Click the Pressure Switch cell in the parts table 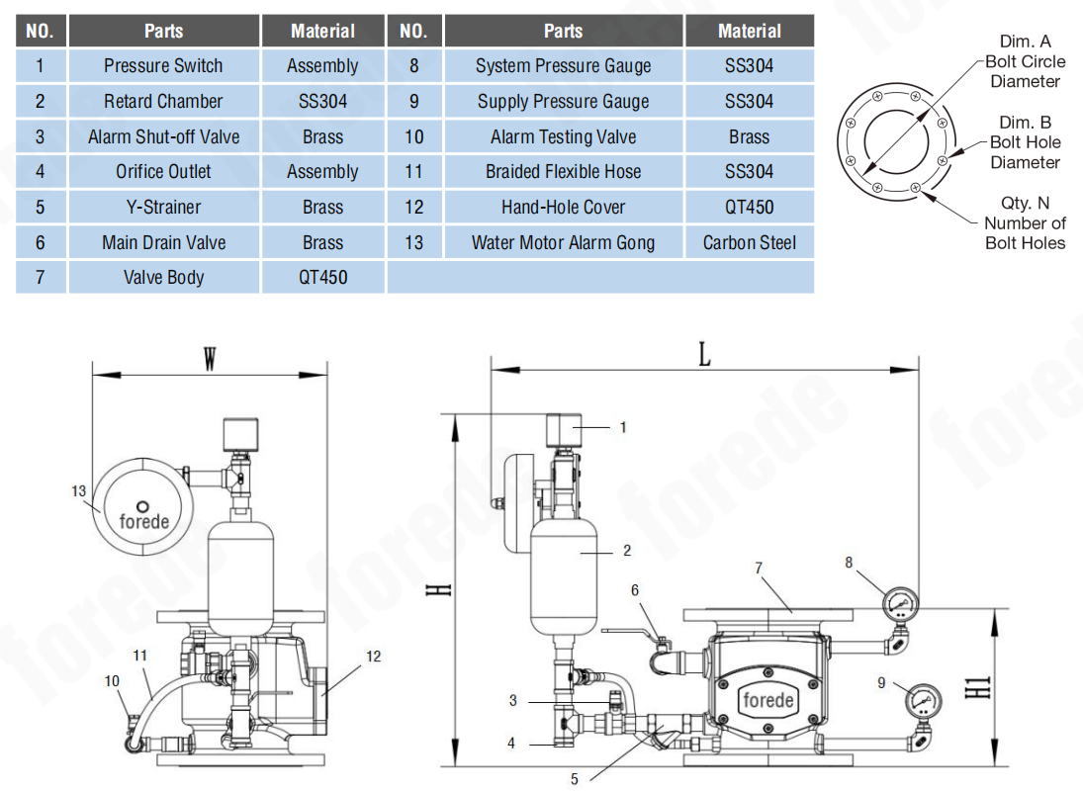pos(163,66)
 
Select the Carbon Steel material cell pos(749,242)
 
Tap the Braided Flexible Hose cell pos(563,172)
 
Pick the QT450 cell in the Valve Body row pos(322,278)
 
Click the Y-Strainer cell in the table pos(163,208)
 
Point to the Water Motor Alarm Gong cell pos(563,242)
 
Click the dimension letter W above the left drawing pos(210,359)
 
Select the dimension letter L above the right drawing pos(704,355)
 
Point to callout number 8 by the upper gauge pos(849,563)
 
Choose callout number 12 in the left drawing pos(372,656)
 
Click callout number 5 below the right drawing pos(575,778)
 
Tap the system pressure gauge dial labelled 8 pos(900,602)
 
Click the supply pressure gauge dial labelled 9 pos(922,700)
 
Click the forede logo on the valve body pos(768,701)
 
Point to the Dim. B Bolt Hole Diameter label pos(1025,142)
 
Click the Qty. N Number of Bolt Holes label pos(1025,222)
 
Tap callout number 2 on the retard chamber pos(627,551)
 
